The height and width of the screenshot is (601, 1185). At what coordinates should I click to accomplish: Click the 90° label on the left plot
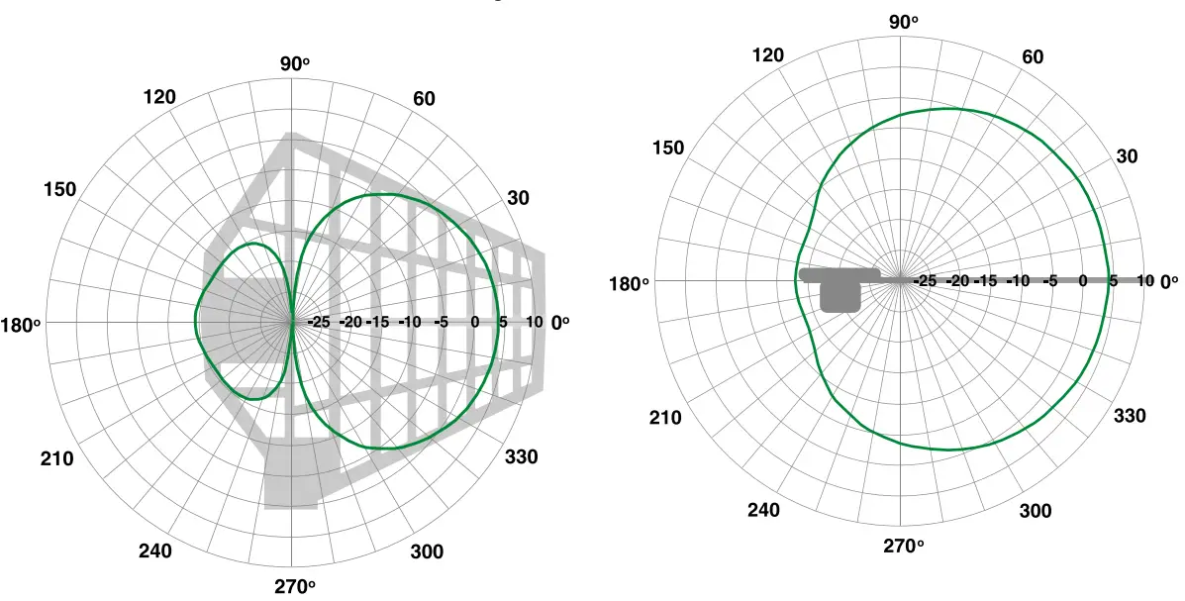coord(294,63)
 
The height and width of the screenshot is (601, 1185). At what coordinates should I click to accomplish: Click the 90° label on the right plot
coord(903,22)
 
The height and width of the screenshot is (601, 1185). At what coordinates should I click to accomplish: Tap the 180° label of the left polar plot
coord(21,324)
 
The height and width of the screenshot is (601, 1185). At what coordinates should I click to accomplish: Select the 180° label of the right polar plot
coord(630,282)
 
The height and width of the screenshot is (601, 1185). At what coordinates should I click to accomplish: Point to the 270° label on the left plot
coord(294,586)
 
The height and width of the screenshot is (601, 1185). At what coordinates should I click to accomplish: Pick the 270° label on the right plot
coord(903,546)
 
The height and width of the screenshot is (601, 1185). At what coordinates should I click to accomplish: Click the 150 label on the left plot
coord(60,189)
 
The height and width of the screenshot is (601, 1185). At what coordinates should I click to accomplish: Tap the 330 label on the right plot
coord(1130,416)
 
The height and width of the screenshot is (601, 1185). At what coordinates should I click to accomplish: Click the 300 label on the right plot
coord(1035,511)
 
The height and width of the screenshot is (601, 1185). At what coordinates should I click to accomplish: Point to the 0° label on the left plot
coord(560,323)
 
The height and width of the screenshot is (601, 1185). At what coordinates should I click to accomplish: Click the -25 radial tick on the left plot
coord(319,323)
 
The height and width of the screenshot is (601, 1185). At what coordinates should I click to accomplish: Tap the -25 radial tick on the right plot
coord(925,281)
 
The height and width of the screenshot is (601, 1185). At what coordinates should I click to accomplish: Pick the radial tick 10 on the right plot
coord(1144,281)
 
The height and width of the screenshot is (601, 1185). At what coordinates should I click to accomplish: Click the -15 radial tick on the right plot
coord(987,281)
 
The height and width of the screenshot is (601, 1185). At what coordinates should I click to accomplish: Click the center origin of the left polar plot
coord(291,323)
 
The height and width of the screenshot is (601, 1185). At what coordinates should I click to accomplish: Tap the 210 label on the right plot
coord(665,417)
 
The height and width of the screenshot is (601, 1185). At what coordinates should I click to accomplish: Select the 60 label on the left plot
coord(423,99)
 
